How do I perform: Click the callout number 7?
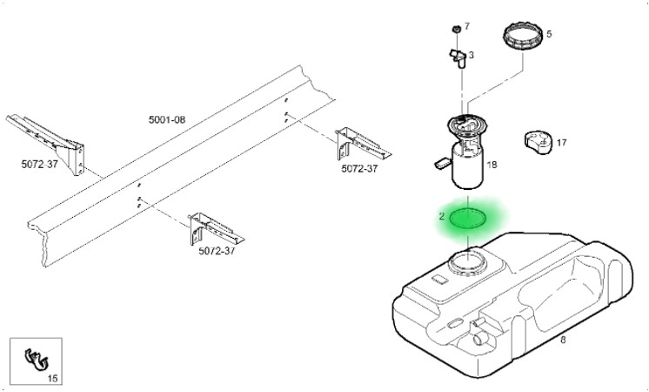[466, 27]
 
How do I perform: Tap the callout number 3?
[471, 56]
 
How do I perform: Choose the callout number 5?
[549, 35]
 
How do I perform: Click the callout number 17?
[561, 142]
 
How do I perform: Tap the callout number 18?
[492, 165]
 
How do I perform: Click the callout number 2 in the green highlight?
[442, 215]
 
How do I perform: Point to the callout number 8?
[562, 341]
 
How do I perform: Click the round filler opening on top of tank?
[469, 260]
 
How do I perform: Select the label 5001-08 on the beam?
[166, 118]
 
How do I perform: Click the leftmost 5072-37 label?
[40, 163]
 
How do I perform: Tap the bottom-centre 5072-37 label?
[217, 251]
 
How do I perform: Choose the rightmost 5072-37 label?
[359, 169]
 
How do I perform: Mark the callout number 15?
[52, 378]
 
